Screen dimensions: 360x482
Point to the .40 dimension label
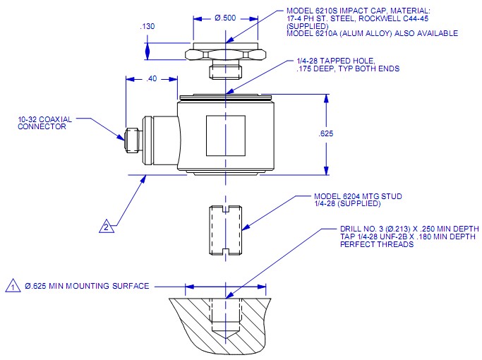(151, 79)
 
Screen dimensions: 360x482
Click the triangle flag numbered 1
(13, 286)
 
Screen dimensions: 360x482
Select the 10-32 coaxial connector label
(42, 123)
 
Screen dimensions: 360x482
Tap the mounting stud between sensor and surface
(225, 229)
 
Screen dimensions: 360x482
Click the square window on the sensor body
(225, 136)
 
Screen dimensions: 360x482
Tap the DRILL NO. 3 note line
(409, 229)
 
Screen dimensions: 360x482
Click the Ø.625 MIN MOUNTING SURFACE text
(87, 286)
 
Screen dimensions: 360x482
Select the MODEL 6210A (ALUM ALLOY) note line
(372, 33)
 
